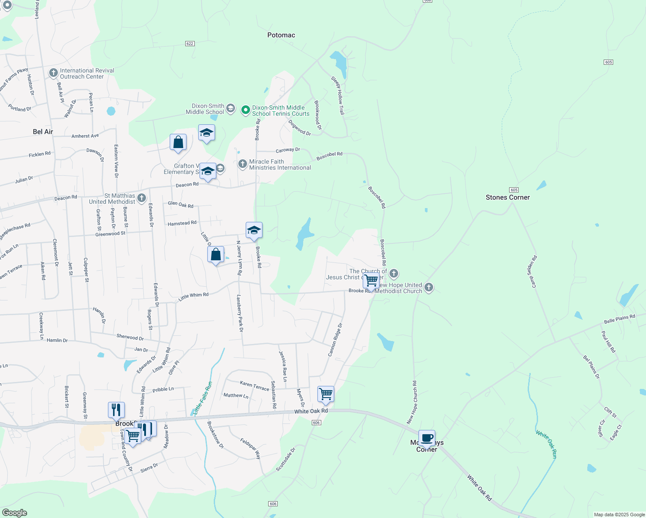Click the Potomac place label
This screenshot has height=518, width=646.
pyautogui.click(x=281, y=35)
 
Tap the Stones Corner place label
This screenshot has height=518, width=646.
pyautogui.click(x=507, y=197)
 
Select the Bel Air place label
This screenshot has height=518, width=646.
pyautogui.click(x=43, y=132)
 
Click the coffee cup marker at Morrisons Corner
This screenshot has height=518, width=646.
pyautogui.click(x=427, y=438)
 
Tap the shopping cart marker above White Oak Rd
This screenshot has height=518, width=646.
pyautogui.click(x=326, y=394)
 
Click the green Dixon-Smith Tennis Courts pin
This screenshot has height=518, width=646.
pyautogui.click(x=245, y=110)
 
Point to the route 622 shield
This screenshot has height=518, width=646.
pyautogui.click(x=190, y=44)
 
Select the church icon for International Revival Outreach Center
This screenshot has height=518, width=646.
pyautogui.click(x=54, y=73)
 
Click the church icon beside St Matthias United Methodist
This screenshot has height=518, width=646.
pyautogui.click(x=142, y=199)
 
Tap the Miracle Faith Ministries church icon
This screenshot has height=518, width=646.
pyautogui.click(x=243, y=164)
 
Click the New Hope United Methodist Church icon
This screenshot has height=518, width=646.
pyautogui.click(x=428, y=287)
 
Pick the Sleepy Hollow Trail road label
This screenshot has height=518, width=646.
pyautogui.click(x=338, y=95)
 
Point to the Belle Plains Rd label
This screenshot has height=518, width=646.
pyautogui.click(x=619, y=319)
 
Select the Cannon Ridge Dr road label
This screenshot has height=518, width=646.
pyautogui.click(x=335, y=340)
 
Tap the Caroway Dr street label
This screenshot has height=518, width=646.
pyautogui.click(x=288, y=150)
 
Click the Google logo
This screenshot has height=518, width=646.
pyautogui.click(x=14, y=512)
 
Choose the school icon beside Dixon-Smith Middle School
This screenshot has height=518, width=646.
pyautogui.click(x=231, y=108)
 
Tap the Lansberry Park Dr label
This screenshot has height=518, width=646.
pyautogui.click(x=240, y=313)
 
